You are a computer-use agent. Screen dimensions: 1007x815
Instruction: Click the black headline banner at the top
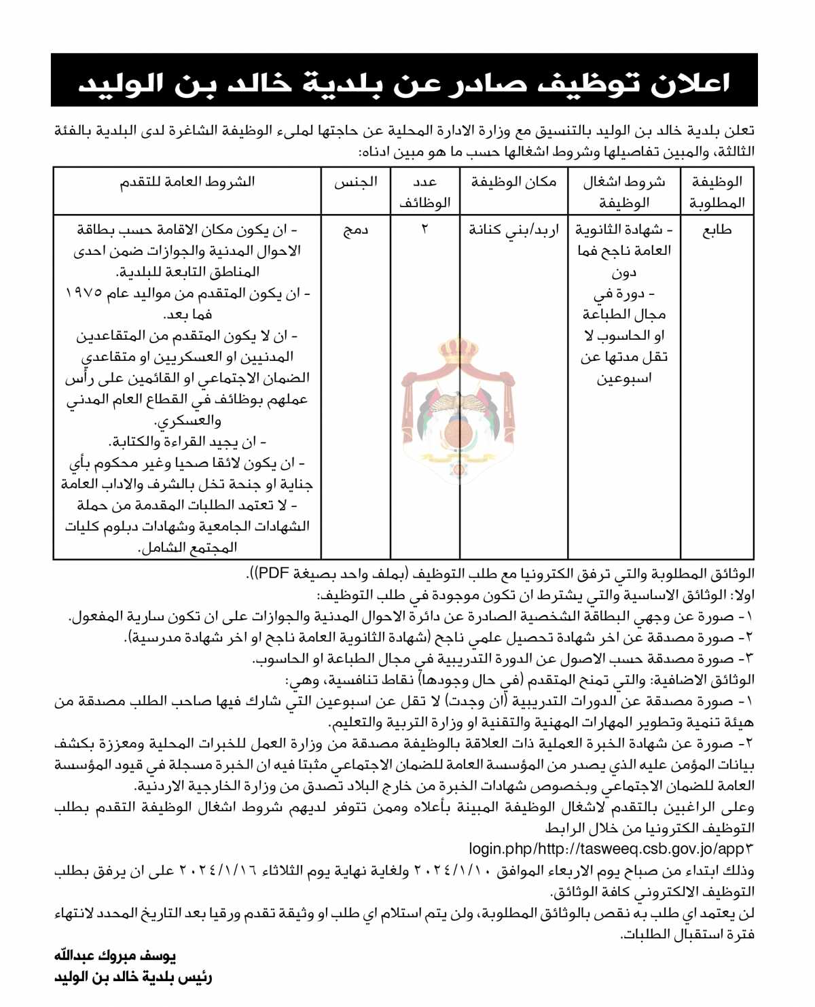(x=404, y=81)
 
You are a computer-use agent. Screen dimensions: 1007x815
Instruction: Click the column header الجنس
(x=355, y=182)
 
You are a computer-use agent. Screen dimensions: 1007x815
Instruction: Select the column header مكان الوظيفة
(x=513, y=182)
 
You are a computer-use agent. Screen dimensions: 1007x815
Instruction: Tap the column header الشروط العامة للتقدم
(x=187, y=182)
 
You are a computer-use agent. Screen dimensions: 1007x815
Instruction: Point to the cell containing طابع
(x=717, y=230)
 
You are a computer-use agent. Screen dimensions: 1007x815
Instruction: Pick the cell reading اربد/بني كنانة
(x=513, y=230)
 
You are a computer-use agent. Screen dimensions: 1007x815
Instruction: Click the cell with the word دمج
(x=355, y=230)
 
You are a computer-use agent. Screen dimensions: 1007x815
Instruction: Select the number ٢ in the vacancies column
(x=424, y=230)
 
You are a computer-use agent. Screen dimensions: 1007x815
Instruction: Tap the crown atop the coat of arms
(x=458, y=350)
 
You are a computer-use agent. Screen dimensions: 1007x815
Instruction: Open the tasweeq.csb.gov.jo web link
(x=611, y=849)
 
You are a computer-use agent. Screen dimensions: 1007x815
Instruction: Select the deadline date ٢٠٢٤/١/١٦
(x=217, y=870)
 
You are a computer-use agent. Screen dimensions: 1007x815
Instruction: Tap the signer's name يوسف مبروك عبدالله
(x=115, y=956)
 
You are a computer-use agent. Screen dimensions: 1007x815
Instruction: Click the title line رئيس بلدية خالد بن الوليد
(x=133, y=977)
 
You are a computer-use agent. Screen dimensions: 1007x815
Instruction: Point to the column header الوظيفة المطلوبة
(x=717, y=192)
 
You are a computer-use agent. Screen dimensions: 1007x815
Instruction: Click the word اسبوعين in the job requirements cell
(x=624, y=378)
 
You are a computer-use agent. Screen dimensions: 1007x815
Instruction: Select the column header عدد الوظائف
(x=424, y=192)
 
